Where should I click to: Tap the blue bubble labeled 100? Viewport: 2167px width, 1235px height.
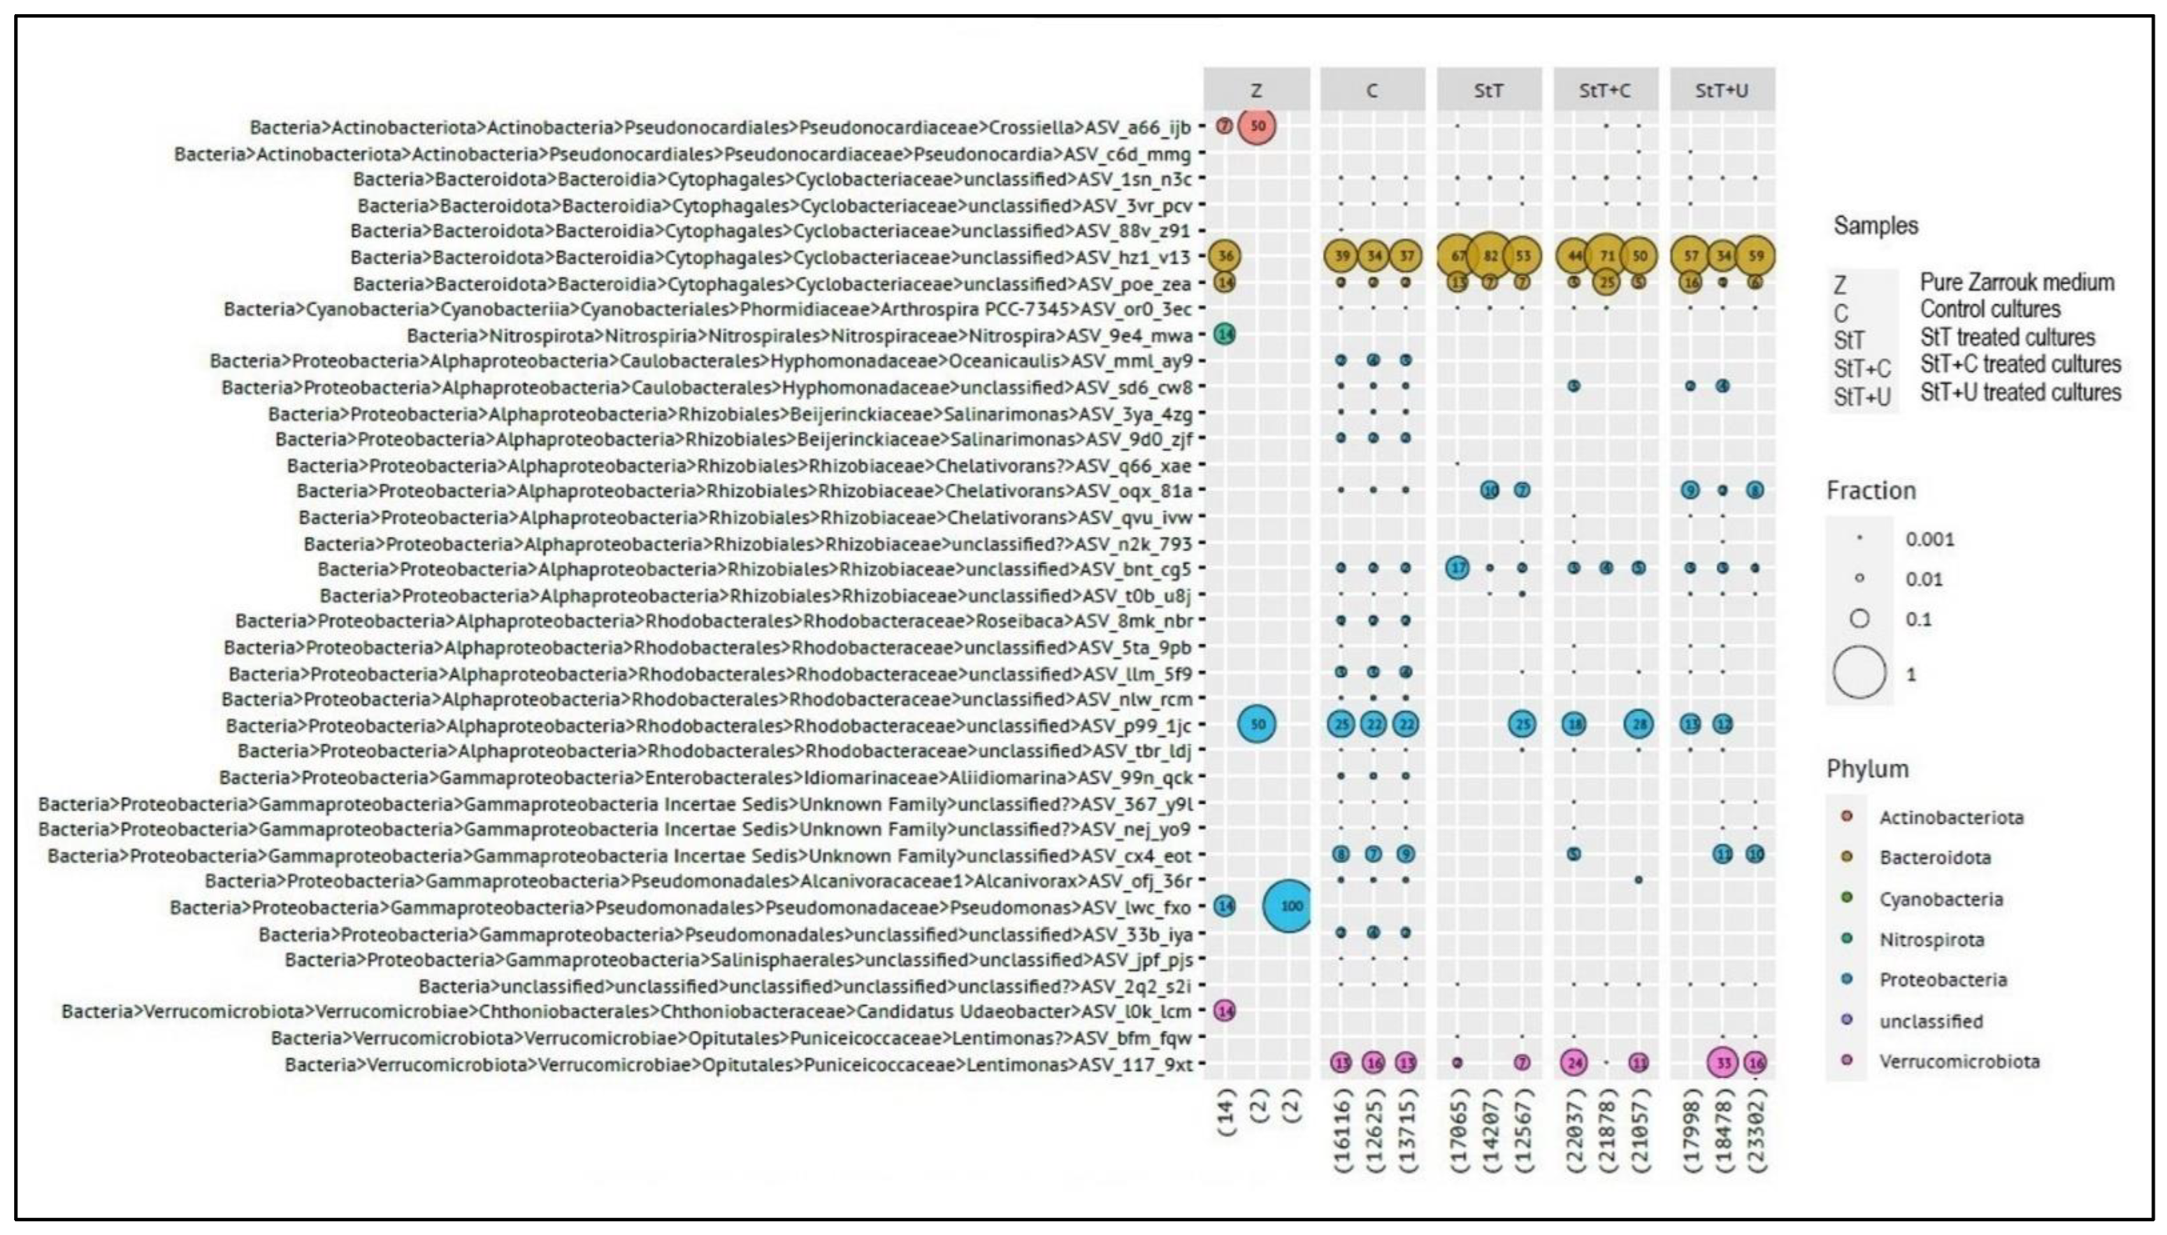coord(1289,906)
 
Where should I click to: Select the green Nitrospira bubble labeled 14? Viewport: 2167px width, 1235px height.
coord(1224,334)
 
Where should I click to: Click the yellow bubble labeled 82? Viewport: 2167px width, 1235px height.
coord(1490,255)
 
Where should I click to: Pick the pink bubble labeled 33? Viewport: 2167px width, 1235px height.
coord(1722,1062)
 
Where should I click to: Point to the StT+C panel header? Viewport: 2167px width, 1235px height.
coord(1605,90)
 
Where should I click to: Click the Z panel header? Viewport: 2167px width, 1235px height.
coord(1256,90)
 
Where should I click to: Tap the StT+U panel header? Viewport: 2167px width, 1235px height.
coord(1722,90)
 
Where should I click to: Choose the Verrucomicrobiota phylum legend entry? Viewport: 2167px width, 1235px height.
coord(1959,1061)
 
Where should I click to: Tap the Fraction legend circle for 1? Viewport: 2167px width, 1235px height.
coord(1859,673)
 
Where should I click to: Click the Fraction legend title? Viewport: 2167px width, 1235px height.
coord(1871,490)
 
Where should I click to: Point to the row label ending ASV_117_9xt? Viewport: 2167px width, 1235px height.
coord(737,1064)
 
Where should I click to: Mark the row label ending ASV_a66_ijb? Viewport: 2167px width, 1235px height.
coord(720,127)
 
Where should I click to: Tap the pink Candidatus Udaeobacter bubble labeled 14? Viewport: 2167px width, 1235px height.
coord(1224,1011)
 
